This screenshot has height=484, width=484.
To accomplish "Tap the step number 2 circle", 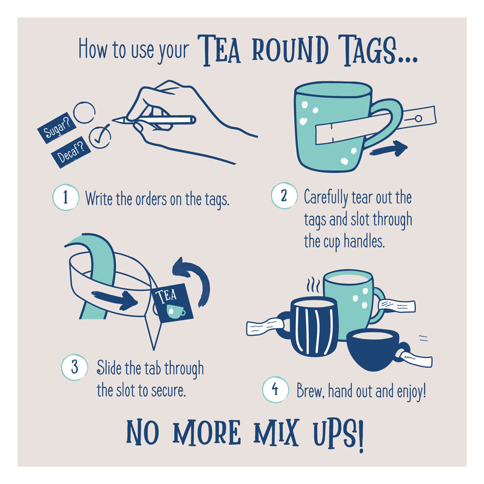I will [x=283, y=196].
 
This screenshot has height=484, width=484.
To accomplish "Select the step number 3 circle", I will [x=75, y=367].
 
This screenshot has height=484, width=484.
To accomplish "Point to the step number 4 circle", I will [x=275, y=390].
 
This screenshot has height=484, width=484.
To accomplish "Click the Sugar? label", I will [x=55, y=127].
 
